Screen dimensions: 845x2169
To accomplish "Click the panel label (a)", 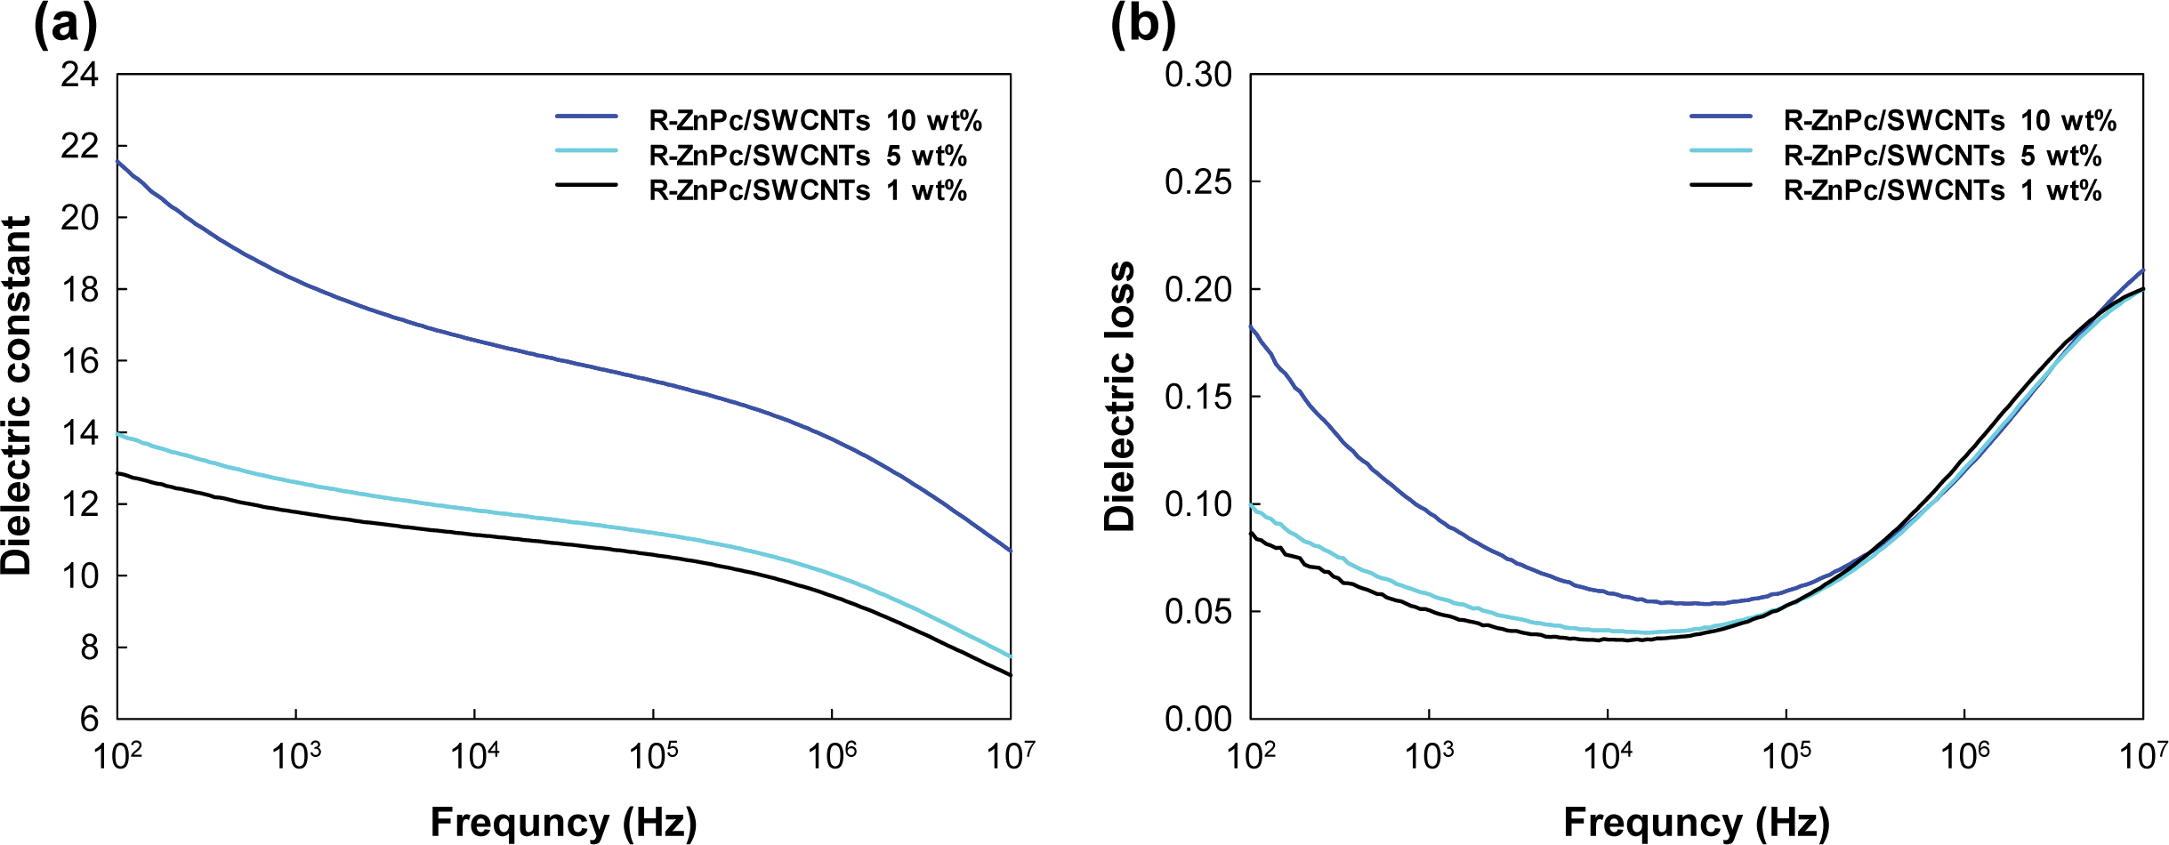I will coord(65,25).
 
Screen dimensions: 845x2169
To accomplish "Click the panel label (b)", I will coord(1142,25).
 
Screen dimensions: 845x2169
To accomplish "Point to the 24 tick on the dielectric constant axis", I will coord(79,75).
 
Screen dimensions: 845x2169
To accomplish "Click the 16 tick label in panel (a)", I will coord(79,361).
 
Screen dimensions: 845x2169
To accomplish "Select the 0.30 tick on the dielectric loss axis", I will coord(1197,75).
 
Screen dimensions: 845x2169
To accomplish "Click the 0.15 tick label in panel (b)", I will coord(1197,397).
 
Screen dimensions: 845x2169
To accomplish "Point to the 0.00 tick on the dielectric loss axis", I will coord(1197,719).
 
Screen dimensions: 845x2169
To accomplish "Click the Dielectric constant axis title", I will coord(18,396).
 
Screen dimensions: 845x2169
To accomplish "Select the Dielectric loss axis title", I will coord(1120,397).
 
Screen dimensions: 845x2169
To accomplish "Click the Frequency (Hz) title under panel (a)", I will coord(563,822).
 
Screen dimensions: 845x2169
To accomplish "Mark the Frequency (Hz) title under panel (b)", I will coord(1696,822).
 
